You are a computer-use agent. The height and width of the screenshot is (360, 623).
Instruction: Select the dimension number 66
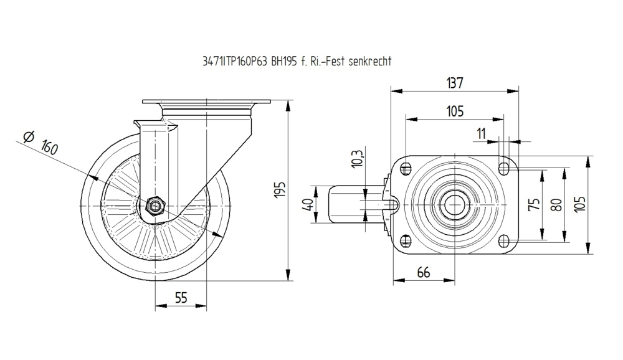[x=424, y=272]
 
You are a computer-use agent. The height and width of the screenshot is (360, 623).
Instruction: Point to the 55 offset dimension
[x=181, y=298]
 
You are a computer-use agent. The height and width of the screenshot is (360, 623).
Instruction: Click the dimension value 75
[x=534, y=204]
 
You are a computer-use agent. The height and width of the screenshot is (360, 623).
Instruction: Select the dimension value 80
[x=557, y=204]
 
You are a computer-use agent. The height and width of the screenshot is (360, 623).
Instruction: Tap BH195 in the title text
[x=284, y=62]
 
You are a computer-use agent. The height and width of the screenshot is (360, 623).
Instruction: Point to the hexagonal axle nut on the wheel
[x=155, y=205]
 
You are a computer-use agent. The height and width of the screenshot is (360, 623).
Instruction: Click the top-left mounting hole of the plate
[x=406, y=168]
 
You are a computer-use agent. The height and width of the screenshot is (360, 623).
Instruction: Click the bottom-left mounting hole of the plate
[x=406, y=240]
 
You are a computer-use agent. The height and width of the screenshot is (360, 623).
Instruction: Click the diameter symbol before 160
[x=28, y=138]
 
